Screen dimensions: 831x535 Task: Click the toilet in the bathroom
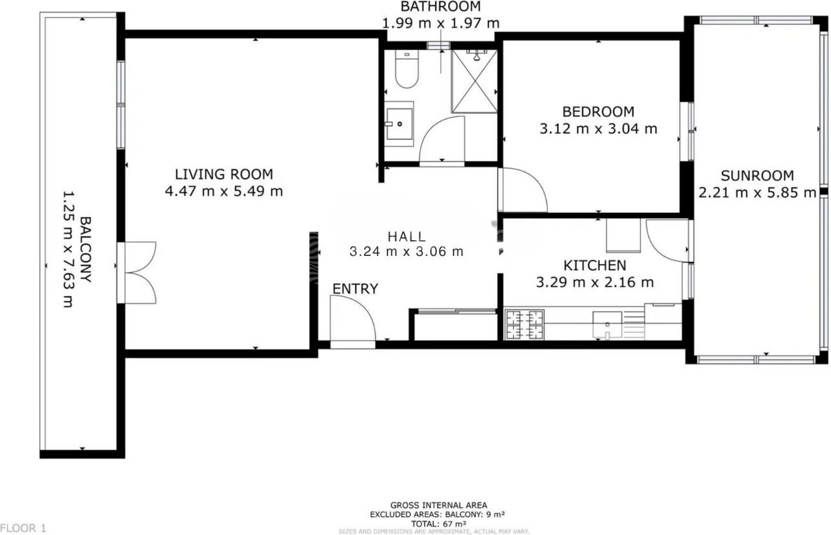pyautogui.click(x=407, y=69)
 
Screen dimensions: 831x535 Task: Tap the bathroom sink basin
pyautogui.click(x=399, y=124)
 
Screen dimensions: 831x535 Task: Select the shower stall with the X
pyautogui.click(x=475, y=81)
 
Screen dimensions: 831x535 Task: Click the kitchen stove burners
pyautogui.click(x=525, y=325)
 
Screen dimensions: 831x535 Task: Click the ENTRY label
pyautogui.click(x=355, y=289)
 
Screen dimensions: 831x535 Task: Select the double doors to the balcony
pyautogui.click(x=136, y=273)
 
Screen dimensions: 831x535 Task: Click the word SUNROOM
pyautogui.click(x=757, y=175)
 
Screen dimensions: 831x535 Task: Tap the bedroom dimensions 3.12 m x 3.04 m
pyautogui.click(x=598, y=129)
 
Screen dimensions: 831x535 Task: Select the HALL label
pyautogui.click(x=406, y=236)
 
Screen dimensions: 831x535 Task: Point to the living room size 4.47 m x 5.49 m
pyautogui.click(x=224, y=192)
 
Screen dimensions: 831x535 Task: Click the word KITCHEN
pyautogui.click(x=595, y=266)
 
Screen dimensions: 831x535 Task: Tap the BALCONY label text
pyautogui.click(x=86, y=249)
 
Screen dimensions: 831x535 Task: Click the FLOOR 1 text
pyautogui.click(x=23, y=528)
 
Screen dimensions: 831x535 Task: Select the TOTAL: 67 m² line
pyautogui.click(x=438, y=524)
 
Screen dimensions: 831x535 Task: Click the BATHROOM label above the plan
pyautogui.click(x=441, y=6)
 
